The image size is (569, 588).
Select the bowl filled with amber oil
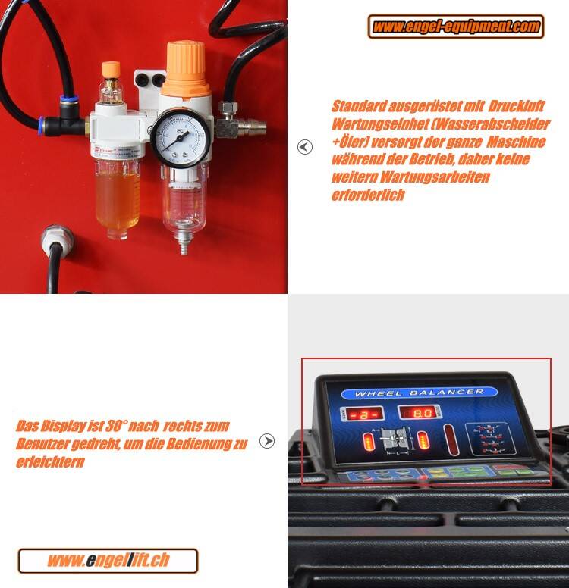coord(117,195)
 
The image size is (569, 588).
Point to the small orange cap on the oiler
coord(112,70)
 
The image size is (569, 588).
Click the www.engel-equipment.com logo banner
coord(457,27)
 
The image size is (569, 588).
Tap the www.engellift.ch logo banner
coord(108,561)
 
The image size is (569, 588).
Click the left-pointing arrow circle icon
coord(305,147)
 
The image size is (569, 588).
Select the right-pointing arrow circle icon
coord(267,441)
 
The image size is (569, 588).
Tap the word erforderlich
coord(368,195)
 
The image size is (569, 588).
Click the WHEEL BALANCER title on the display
coord(420,393)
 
